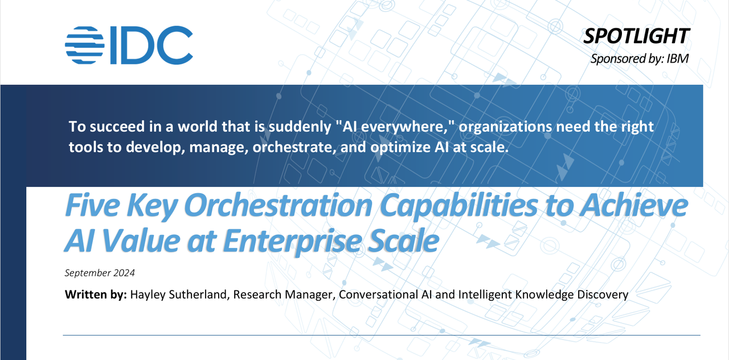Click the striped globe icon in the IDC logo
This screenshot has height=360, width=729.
85,45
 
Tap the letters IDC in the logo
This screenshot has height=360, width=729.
151,45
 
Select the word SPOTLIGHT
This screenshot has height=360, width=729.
636,36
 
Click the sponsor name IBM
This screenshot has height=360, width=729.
678,59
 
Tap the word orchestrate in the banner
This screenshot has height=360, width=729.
294,147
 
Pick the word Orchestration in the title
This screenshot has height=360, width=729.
279,206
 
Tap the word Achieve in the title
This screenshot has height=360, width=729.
634,206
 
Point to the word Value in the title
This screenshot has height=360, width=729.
141,241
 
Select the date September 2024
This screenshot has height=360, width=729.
100,273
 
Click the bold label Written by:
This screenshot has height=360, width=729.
96,294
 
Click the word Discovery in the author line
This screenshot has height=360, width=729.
603,295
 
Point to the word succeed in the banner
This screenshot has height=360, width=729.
117,126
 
